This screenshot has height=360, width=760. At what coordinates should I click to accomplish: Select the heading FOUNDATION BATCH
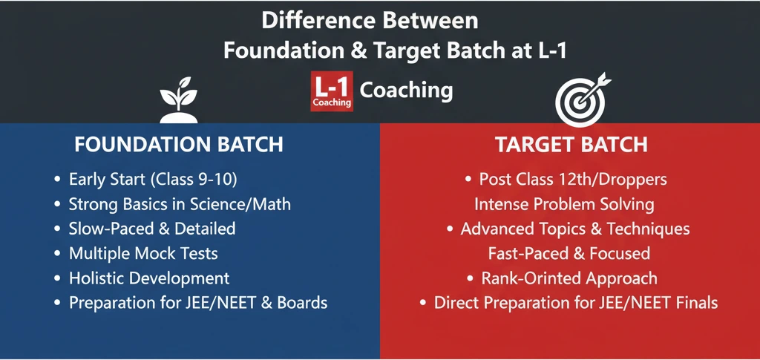tap(178, 144)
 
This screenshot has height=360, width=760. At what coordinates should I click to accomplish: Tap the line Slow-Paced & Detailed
tap(151, 229)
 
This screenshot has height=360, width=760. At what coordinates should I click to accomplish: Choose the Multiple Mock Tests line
tap(142, 253)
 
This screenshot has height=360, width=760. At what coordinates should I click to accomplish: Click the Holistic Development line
tap(148, 278)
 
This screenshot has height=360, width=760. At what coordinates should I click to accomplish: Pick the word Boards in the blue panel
tap(301, 303)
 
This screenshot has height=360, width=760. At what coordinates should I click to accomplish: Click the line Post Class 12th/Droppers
tap(573, 180)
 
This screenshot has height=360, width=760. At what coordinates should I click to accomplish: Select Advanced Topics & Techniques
tap(574, 229)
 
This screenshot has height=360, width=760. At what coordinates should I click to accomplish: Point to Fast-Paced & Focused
tap(569, 253)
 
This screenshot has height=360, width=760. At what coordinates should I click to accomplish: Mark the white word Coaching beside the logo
tap(406, 91)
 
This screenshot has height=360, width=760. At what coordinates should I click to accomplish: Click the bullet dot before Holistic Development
tap(58, 279)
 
